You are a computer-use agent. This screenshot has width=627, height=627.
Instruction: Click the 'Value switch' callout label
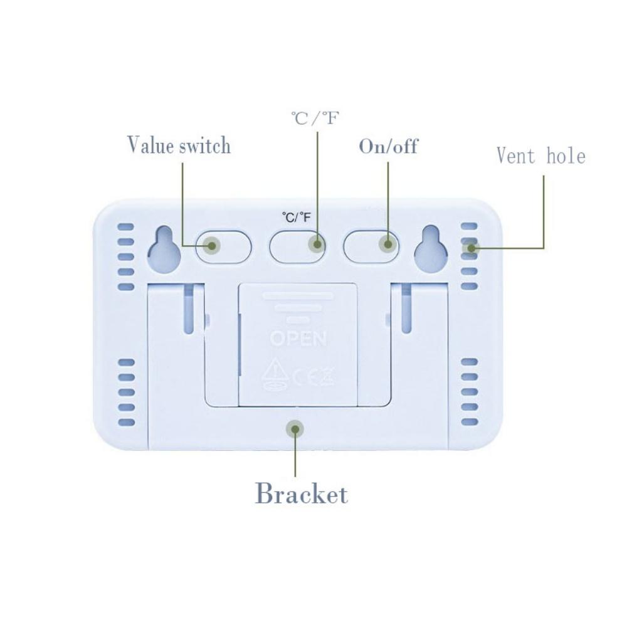[x=179, y=145]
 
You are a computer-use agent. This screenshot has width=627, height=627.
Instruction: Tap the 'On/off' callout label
[x=388, y=146]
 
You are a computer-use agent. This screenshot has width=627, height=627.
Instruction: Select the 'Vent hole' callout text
[x=540, y=155]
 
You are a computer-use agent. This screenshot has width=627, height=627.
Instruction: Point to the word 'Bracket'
[x=301, y=494]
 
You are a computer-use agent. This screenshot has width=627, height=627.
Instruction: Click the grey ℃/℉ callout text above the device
[x=315, y=118]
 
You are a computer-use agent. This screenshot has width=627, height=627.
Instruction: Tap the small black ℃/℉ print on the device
[x=297, y=218]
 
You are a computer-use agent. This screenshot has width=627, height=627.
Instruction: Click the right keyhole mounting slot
[x=431, y=249]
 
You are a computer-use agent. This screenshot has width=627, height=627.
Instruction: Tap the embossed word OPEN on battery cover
[x=298, y=339]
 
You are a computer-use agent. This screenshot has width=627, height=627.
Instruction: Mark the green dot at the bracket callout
[x=293, y=428]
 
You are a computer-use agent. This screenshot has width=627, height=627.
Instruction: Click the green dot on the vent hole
[x=470, y=248]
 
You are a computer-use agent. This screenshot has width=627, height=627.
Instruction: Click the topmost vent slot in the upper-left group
[x=127, y=226]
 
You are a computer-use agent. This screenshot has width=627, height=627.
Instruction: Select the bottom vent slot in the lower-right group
[x=470, y=422]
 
